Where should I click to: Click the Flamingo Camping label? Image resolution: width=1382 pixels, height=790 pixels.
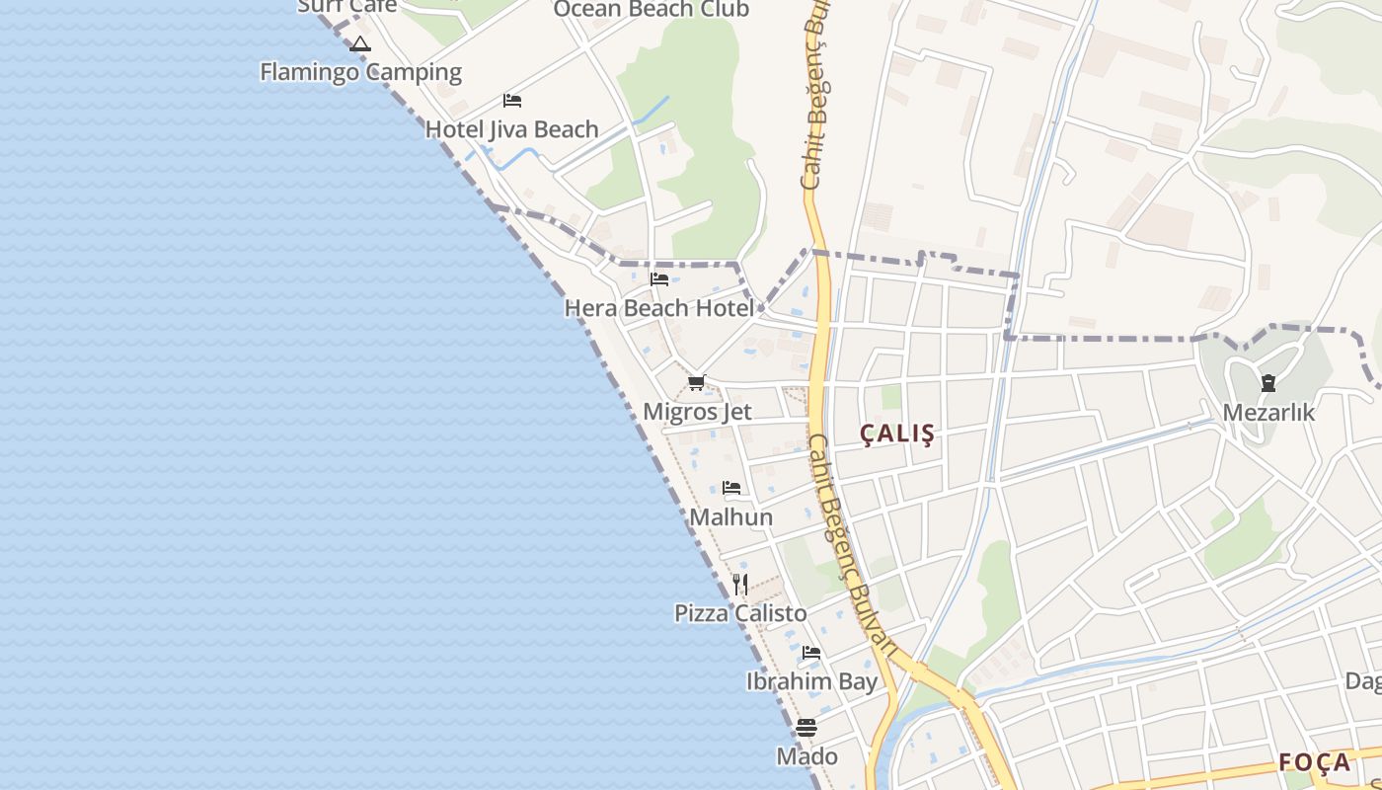(360, 72)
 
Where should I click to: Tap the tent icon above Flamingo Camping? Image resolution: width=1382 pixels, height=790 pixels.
(360, 44)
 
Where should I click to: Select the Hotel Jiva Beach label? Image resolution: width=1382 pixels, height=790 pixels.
(511, 129)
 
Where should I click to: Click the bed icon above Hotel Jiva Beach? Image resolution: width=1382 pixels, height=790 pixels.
(511, 101)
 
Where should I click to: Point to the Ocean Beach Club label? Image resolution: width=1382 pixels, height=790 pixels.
(651, 10)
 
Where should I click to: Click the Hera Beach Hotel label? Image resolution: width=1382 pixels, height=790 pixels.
(658, 308)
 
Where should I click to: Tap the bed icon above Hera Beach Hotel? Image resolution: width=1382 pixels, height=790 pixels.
(659, 279)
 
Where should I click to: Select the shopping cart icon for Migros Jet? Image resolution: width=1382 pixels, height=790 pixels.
(697, 383)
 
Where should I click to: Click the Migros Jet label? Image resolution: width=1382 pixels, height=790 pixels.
(697, 412)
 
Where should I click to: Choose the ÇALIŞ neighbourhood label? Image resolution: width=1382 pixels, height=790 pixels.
(896, 434)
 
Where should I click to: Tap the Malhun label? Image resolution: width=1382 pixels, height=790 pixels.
(730, 517)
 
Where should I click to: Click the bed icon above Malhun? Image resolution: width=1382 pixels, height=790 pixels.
(731, 488)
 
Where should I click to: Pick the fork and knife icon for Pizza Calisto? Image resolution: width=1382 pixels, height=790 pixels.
(740, 585)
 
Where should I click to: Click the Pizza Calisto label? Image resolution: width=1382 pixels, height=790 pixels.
(740, 613)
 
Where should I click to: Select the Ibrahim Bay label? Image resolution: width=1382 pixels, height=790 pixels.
(811, 681)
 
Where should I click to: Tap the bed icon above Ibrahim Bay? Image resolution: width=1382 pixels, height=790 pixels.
(811, 653)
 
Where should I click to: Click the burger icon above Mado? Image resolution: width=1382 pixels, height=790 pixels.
(806, 728)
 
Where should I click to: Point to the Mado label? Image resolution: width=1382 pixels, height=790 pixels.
(806, 756)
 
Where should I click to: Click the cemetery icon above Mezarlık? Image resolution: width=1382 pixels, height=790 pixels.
(1268, 383)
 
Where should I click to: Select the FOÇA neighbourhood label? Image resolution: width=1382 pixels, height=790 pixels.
(1314, 762)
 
